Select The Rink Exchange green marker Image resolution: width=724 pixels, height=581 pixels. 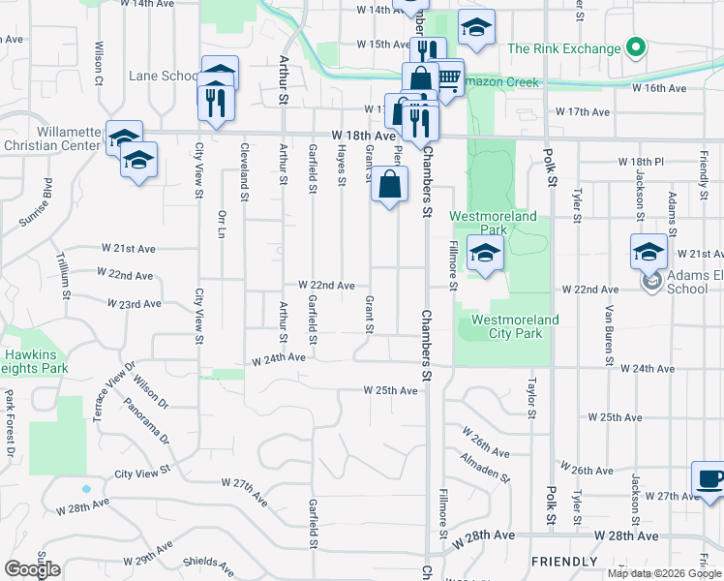tap(635, 47)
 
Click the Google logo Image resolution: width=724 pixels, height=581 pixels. tap(32, 569)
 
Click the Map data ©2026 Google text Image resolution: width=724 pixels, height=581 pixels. tap(663, 573)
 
